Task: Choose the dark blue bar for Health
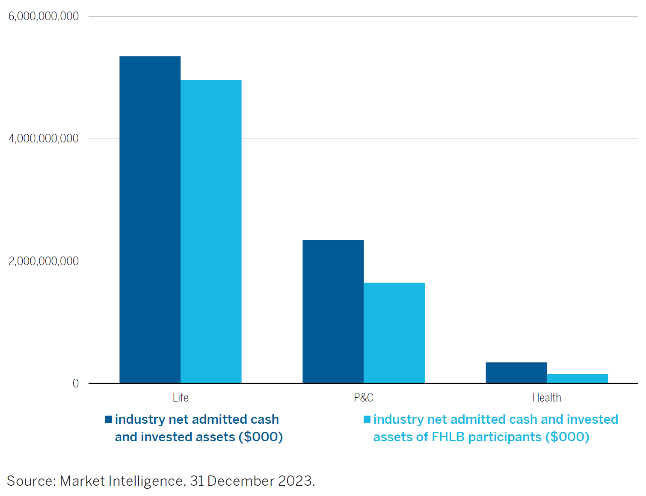[x=516, y=372]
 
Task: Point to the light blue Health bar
[x=577, y=378]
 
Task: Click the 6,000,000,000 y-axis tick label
[x=44, y=16]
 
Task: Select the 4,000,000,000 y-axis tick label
[x=44, y=139]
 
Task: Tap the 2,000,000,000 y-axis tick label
[x=44, y=261]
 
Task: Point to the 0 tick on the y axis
[x=76, y=383]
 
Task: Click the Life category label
[x=181, y=398]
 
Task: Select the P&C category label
[x=364, y=398]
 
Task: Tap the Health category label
[x=547, y=398]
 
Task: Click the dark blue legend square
[x=109, y=419]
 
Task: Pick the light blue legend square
[x=367, y=419]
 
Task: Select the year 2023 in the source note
[x=295, y=481]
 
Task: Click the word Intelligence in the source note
[x=147, y=481]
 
